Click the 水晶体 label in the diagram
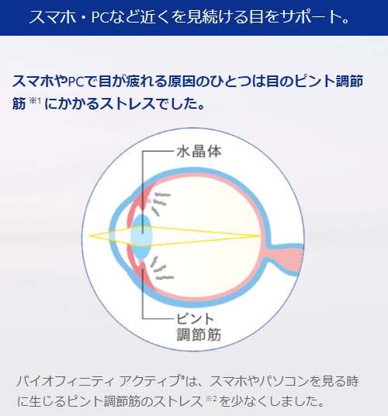pos(199,152)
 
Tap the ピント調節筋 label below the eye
pos(199,327)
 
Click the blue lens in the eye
pos(141,236)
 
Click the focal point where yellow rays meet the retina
pos(261,236)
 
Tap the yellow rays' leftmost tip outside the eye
pos(89,236)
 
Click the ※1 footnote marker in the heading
pos(34,100)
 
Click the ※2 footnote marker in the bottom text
pos(211,398)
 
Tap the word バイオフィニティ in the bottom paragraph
pos(66,381)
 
